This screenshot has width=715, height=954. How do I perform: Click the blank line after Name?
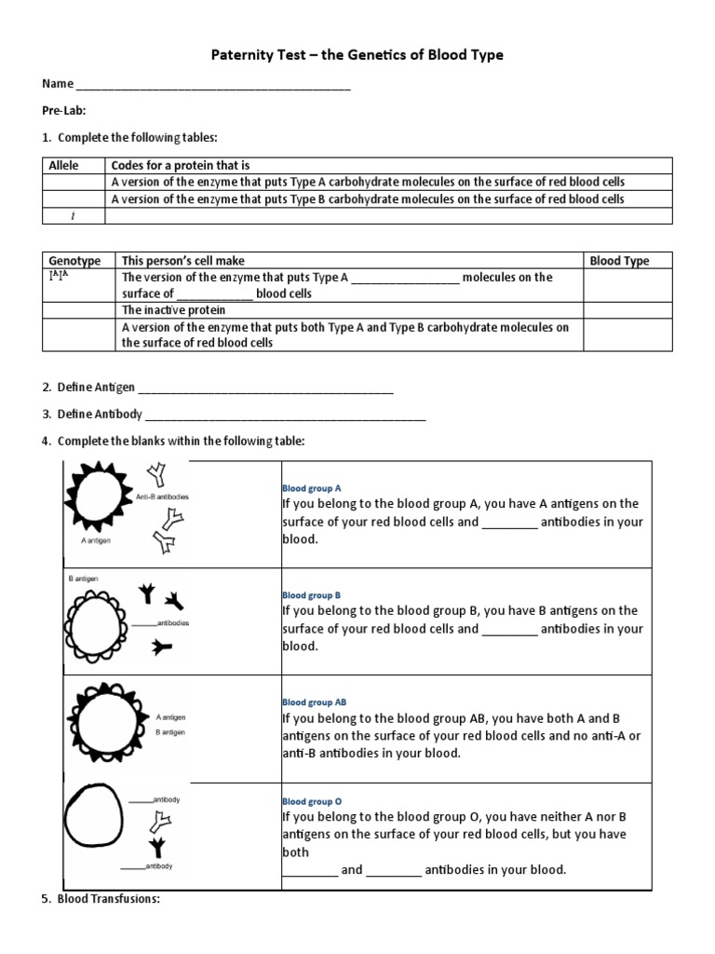[x=213, y=85]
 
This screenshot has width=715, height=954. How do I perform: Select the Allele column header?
[x=63, y=165]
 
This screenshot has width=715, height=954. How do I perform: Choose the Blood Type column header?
[x=619, y=261]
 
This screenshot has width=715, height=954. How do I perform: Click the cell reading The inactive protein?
[x=164, y=310]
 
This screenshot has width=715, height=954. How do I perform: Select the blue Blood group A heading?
[x=312, y=487]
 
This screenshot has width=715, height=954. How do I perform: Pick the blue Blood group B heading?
[x=312, y=594]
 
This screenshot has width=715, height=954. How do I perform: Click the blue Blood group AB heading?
[x=315, y=702]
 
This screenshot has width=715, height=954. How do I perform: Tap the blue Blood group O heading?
[x=312, y=800]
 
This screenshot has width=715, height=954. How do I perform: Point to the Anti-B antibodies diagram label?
[x=162, y=497]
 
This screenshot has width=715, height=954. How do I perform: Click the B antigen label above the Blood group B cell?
[x=83, y=579]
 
